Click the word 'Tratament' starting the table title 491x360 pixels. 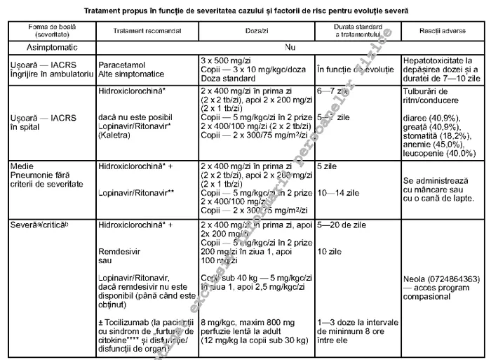coord(110,11)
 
